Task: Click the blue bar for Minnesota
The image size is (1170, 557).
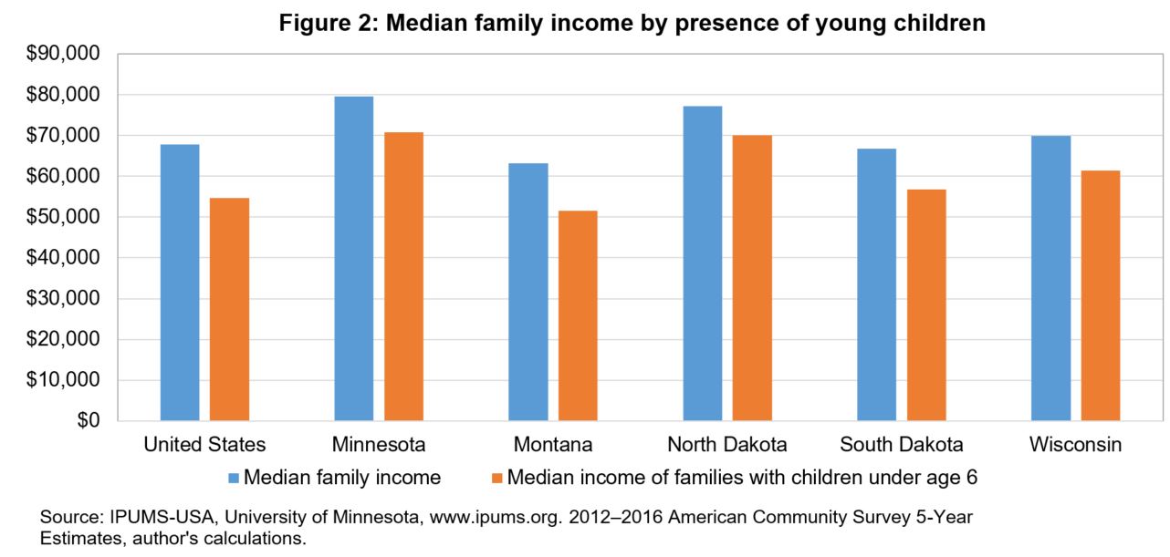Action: [353, 259]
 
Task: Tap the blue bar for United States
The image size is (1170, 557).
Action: [179, 283]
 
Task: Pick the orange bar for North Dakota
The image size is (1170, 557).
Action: [752, 278]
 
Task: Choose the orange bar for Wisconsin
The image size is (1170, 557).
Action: [1101, 295]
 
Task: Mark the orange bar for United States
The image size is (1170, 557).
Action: [229, 309]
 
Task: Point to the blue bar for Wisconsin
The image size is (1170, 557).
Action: [1050, 278]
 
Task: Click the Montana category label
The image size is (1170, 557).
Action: [553, 446]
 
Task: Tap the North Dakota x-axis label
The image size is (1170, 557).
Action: [727, 446]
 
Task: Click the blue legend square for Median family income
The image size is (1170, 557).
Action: [233, 477]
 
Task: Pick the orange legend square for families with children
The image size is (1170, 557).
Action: [496, 477]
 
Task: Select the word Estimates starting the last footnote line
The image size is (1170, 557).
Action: [76, 537]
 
